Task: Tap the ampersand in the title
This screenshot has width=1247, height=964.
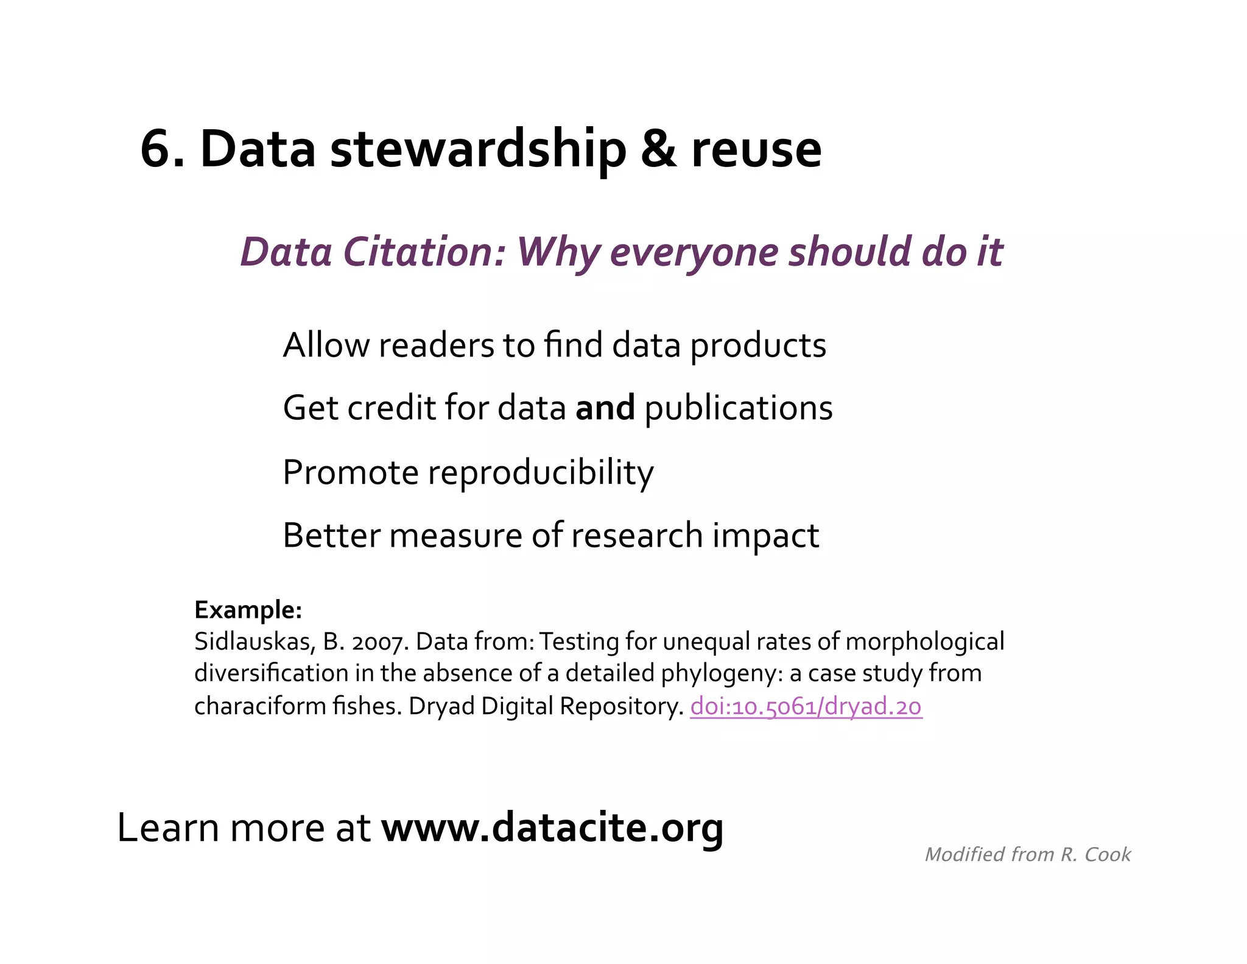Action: click(658, 150)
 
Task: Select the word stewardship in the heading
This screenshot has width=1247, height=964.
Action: click(478, 150)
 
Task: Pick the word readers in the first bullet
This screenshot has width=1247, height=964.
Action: click(436, 346)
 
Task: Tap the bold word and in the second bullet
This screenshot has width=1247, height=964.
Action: click(605, 408)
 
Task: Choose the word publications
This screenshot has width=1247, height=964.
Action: click(739, 409)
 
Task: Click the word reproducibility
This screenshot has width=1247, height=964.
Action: click(541, 473)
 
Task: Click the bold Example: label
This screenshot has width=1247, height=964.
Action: click(248, 610)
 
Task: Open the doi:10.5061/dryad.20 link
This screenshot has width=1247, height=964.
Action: click(806, 707)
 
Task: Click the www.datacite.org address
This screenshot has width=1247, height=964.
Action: click(552, 828)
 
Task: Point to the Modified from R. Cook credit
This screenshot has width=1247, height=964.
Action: click(1027, 855)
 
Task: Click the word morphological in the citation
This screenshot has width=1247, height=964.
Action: click(925, 642)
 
